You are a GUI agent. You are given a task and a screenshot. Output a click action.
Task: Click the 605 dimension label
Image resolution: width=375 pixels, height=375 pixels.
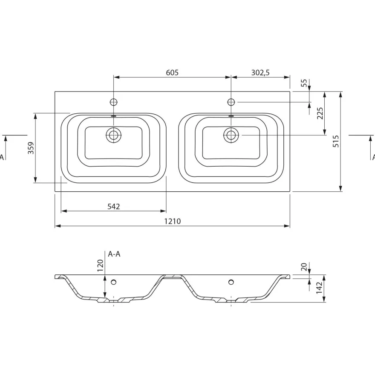[172, 72]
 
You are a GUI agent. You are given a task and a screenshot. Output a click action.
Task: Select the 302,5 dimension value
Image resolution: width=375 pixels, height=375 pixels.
[260, 72]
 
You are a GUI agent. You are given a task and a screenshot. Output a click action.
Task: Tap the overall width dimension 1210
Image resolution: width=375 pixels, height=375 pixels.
[172, 221]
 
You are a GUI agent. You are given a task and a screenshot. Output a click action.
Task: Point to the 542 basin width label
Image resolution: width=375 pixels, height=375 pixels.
[113, 207]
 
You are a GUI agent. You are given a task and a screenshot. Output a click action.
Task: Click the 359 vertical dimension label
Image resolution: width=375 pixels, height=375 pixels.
[31, 148]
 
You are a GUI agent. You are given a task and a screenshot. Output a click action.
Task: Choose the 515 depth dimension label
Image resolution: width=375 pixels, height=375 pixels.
[336, 141]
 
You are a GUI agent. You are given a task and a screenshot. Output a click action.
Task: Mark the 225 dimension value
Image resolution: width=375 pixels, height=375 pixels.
[320, 113]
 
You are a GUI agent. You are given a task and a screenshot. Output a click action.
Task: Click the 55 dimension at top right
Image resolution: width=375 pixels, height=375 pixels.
[304, 83]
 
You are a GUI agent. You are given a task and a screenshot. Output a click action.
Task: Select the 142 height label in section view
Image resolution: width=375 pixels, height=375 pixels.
[320, 288]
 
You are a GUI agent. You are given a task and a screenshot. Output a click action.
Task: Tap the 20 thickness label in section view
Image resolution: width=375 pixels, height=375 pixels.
[304, 267]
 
